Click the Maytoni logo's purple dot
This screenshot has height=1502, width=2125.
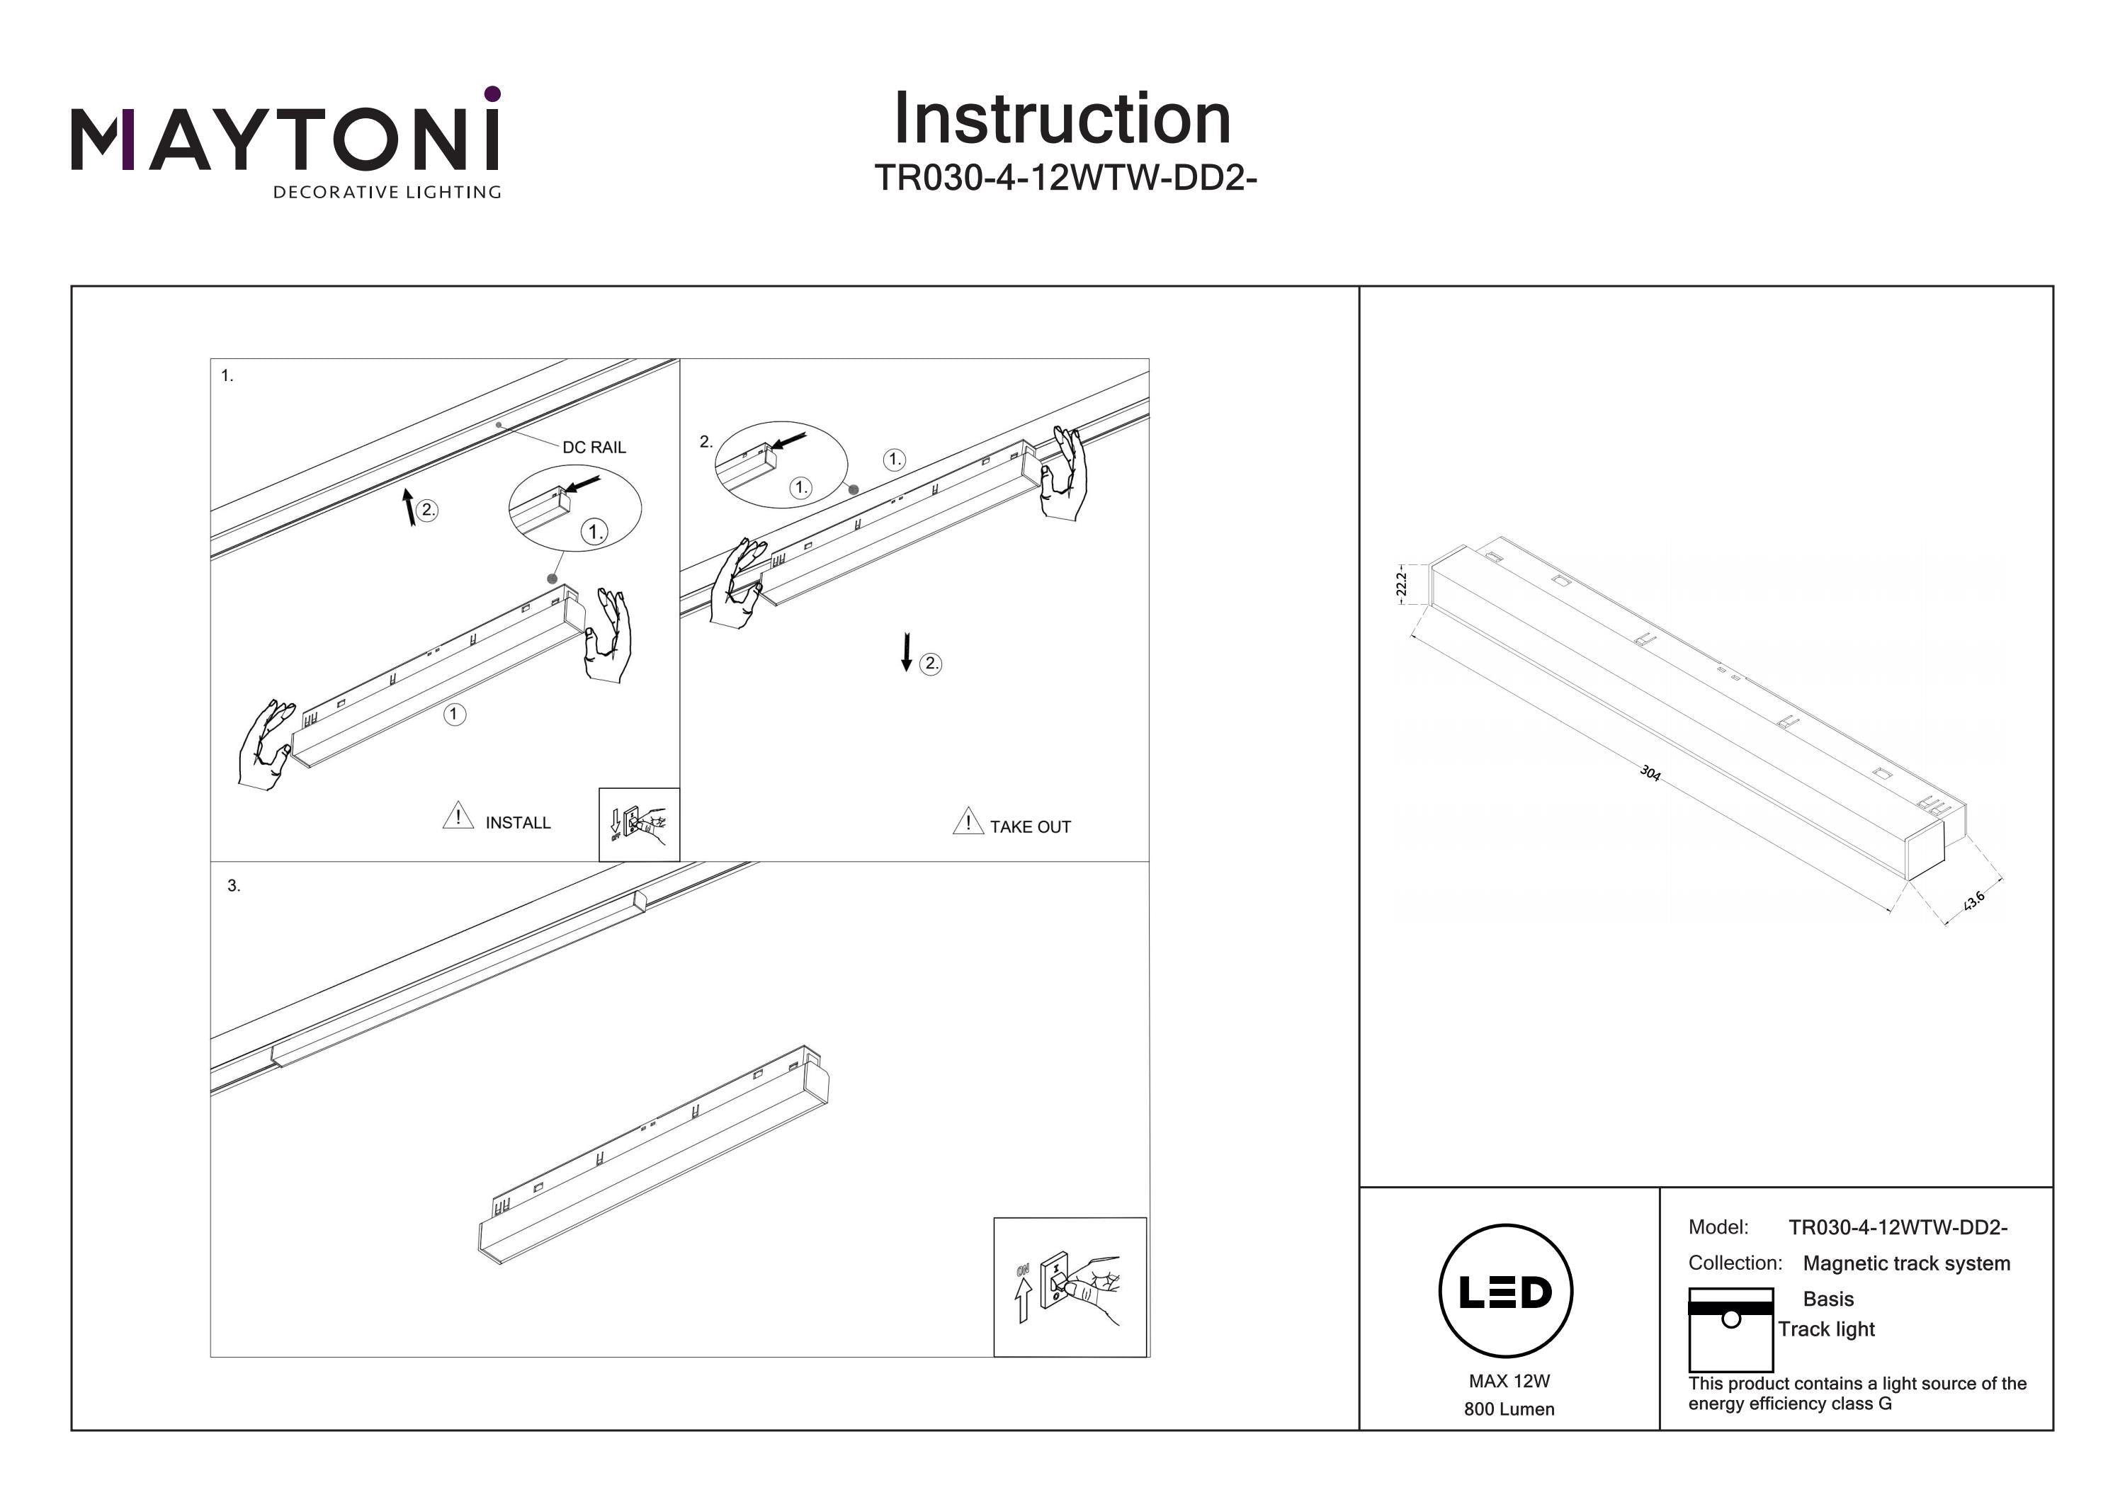tap(492, 93)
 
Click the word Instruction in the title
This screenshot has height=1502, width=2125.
tap(1062, 120)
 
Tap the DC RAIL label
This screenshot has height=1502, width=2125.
tap(594, 447)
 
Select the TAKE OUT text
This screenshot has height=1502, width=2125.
tap(1030, 827)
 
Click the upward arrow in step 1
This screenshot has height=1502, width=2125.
tap(409, 507)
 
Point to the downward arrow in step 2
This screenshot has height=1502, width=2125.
tap(907, 652)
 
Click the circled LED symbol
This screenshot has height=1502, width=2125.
tap(1506, 1291)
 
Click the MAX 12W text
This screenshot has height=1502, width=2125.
tap(1509, 1381)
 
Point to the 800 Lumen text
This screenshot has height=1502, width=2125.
tap(1509, 1409)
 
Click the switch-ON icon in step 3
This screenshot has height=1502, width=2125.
tap(1070, 1287)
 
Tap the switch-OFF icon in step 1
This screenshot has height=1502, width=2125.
tap(639, 824)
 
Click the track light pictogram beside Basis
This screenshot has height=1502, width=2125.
tap(1730, 1329)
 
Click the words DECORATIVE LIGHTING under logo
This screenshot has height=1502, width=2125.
tap(387, 193)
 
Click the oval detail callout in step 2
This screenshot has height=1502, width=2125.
tap(781, 465)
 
